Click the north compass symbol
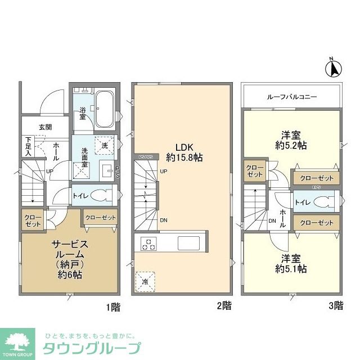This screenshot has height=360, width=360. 333,68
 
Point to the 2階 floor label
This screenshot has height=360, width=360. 223,307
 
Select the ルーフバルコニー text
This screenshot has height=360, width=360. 292,97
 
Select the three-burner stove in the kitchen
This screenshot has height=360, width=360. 148,244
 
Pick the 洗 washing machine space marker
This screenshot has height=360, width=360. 104,145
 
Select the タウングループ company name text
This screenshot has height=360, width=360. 91,348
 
